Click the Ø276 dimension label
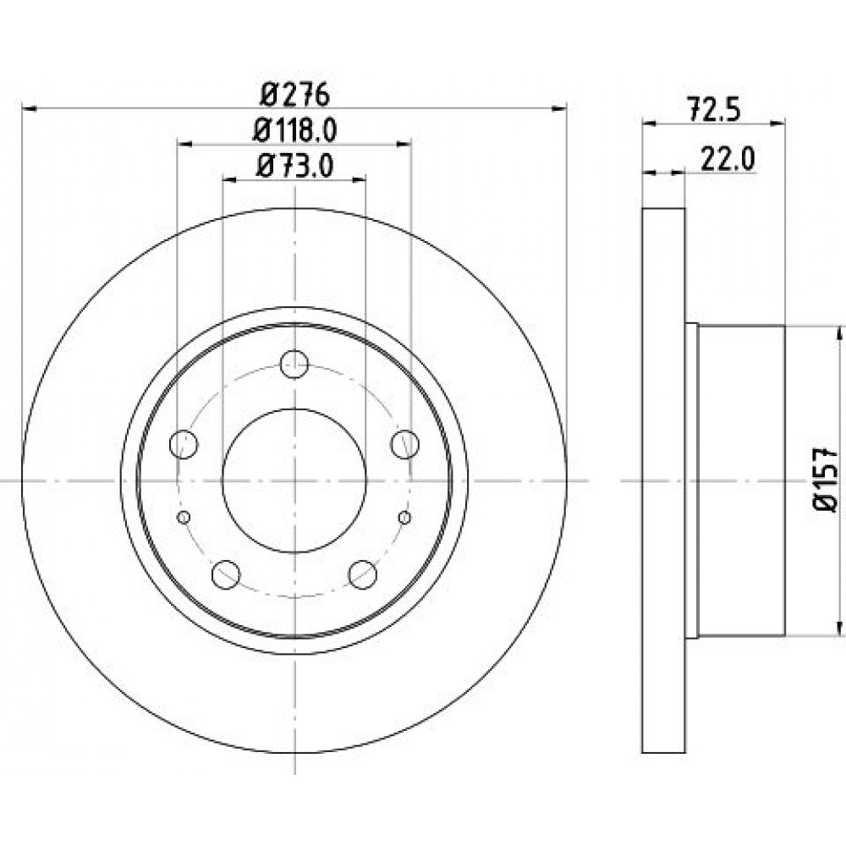tap(294, 96)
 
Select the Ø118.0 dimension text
tap(294, 130)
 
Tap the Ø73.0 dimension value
tap(294, 166)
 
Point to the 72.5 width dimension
tap(715, 110)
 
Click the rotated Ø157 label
tap(825, 480)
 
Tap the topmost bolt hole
tap(294, 364)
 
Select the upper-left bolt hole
tap(184, 444)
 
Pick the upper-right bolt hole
tap(405, 444)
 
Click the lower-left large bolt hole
tap(226, 574)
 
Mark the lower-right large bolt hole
tap(363, 574)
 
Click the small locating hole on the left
tap(184, 518)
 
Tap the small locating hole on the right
tap(404, 518)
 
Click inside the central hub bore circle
tap(294, 481)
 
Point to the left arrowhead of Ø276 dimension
tap(28, 109)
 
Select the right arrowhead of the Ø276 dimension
tap(560, 109)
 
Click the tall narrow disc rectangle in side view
tap(663, 481)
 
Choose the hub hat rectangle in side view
tap(741, 481)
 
